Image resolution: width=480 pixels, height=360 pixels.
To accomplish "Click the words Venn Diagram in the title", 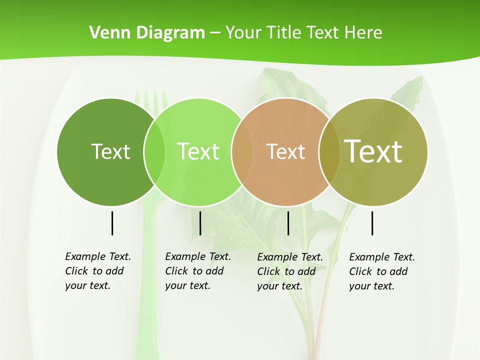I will (x=147, y=33).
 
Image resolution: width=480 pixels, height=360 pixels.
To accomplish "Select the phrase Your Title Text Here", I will (x=303, y=33).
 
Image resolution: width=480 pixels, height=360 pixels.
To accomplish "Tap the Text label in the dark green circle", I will (x=110, y=151).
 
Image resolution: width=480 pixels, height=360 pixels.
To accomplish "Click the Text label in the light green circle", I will (x=198, y=151).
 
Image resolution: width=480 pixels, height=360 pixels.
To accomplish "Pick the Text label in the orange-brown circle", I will (x=285, y=151).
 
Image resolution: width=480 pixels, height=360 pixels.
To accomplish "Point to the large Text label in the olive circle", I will (x=373, y=151).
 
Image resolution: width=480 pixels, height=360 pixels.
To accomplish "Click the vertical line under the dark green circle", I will (x=112, y=223).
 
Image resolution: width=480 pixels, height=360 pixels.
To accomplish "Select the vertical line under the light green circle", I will (x=200, y=223).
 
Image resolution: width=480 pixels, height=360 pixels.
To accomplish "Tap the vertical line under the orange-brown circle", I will (x=288, y=223).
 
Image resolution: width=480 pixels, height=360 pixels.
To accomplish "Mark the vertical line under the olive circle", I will (x=372, y=223).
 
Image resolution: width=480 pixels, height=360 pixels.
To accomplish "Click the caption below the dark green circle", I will (x=98, y=271).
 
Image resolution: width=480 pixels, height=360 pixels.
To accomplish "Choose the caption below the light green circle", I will (x=198, y=271).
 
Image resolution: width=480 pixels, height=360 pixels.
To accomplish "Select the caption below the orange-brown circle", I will (x=290, y=271).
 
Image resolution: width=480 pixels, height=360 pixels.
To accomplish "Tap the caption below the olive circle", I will (x=382, y=271).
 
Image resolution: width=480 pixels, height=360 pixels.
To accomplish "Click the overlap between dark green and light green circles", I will (x=154, y=151).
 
